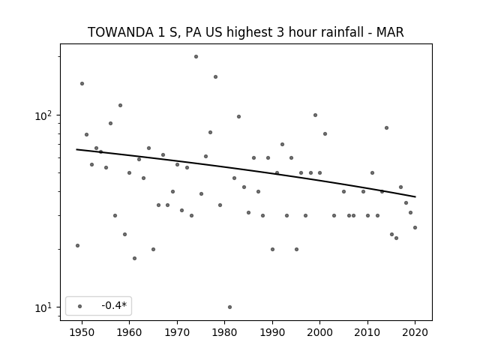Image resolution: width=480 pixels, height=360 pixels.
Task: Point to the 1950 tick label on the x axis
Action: click(82, 332)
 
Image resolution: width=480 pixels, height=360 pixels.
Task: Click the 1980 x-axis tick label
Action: click(224, 332)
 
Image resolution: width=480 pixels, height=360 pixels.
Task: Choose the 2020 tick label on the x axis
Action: click(415, 332)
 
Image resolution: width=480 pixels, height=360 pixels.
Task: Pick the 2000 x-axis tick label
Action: click(320, 332)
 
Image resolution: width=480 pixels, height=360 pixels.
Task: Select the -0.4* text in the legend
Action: click(114, 305)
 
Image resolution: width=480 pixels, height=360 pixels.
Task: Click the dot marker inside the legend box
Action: click(80, 306)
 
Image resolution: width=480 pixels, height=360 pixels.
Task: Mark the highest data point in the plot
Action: click(196, 57)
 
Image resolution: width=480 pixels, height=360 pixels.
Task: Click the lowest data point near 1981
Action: click(230, 307)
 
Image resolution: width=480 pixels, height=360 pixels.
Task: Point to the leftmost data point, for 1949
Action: click(77, 245)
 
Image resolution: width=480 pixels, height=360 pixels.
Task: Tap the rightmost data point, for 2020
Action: click(415, 227)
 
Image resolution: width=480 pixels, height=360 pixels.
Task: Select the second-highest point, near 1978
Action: click(215, 76)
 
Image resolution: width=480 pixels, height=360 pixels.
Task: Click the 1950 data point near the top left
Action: click(82, 83)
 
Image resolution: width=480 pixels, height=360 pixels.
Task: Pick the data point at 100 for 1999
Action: click(315, 115)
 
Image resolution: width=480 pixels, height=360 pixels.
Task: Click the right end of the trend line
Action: click(415, 196)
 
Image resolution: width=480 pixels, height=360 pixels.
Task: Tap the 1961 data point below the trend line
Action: click(134, 258)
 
